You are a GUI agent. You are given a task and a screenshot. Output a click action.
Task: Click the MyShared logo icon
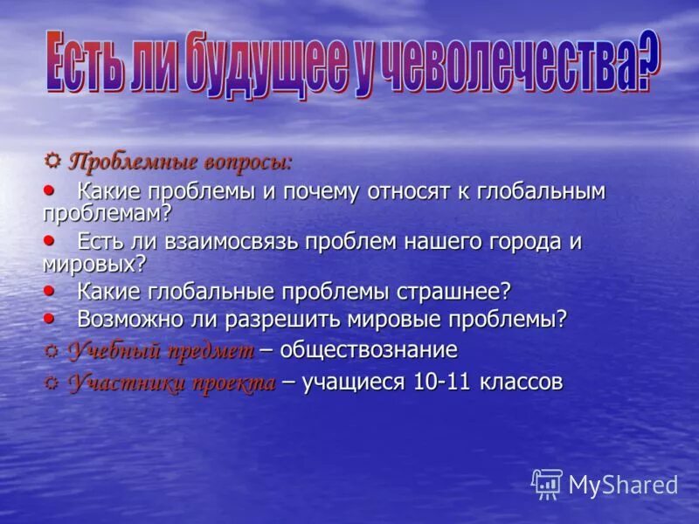coord(547,483)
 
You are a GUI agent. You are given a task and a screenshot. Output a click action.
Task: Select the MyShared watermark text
coord(623,485)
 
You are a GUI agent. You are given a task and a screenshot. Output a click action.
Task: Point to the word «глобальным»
coord(541,191)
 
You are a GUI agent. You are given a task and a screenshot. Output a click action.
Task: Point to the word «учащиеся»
coord(352,382)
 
